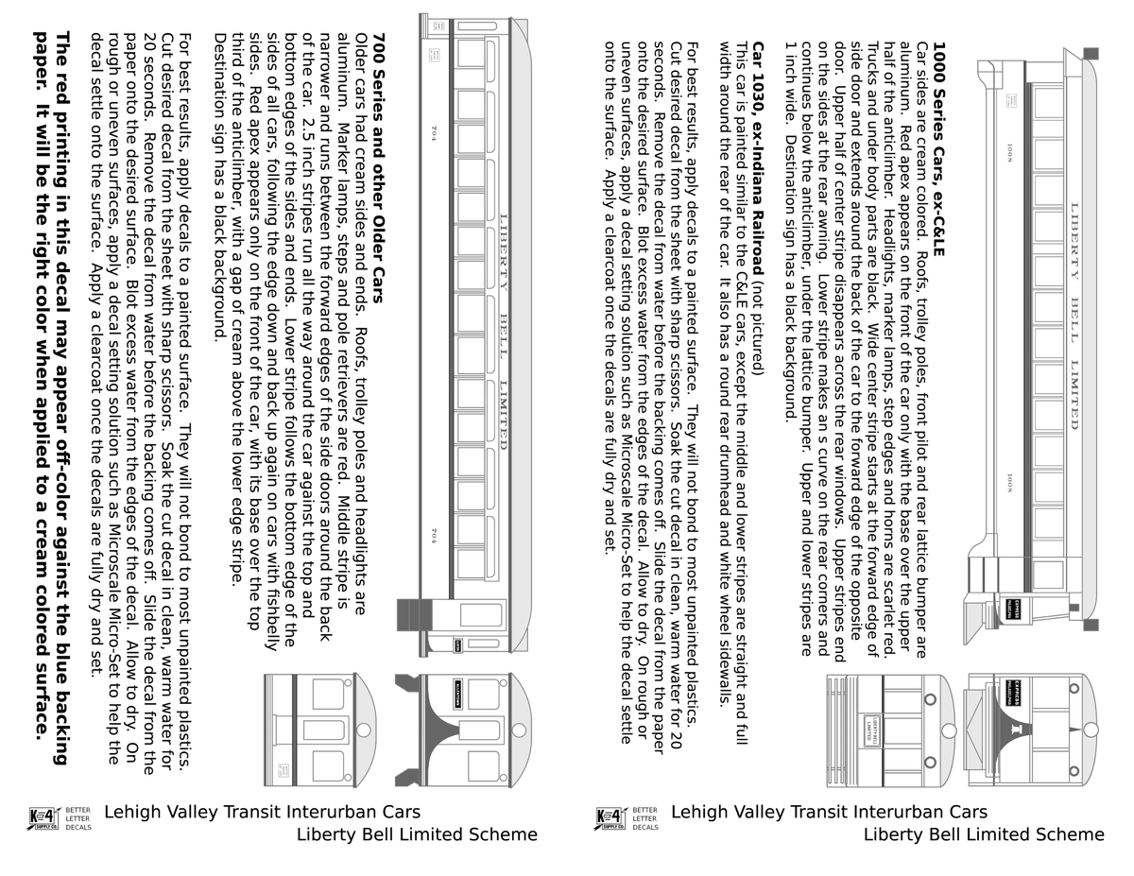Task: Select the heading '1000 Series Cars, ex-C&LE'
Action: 938,149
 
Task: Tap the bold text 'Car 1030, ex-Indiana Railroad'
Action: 758,159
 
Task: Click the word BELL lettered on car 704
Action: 503,336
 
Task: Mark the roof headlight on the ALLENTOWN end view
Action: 519,730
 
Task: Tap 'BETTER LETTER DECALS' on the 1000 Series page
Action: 645,818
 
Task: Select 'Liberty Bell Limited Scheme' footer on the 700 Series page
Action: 417,834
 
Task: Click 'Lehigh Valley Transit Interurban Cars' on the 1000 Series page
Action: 829,812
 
